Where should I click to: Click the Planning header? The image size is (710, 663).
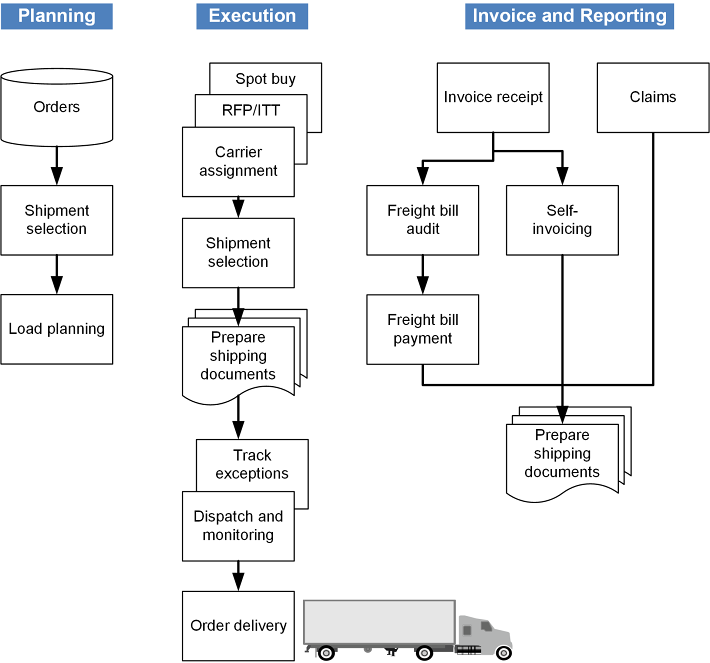57,16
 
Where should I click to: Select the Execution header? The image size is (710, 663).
252,16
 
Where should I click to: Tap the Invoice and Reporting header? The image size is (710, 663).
569,16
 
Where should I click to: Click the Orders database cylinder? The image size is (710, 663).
57,107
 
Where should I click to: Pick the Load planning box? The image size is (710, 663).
57,328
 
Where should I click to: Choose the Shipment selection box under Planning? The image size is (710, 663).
57,220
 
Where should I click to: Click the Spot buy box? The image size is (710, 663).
266,79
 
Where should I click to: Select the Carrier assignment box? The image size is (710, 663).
238,161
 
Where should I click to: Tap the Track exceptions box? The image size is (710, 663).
252,465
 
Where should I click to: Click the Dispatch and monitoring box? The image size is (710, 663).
238,525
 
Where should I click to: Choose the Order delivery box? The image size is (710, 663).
238,625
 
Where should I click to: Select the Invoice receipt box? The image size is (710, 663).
493,97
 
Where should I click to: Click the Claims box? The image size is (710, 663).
653,97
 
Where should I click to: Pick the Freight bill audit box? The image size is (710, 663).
423,220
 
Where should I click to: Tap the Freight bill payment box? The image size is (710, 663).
423,329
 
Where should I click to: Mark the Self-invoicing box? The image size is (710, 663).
563,220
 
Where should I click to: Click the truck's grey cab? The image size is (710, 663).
484,633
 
